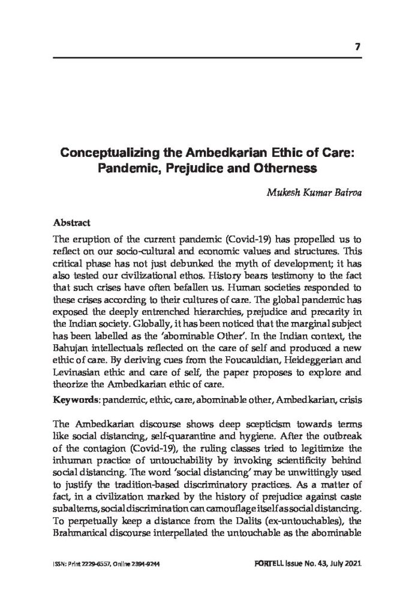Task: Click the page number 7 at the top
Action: click(357, 47)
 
